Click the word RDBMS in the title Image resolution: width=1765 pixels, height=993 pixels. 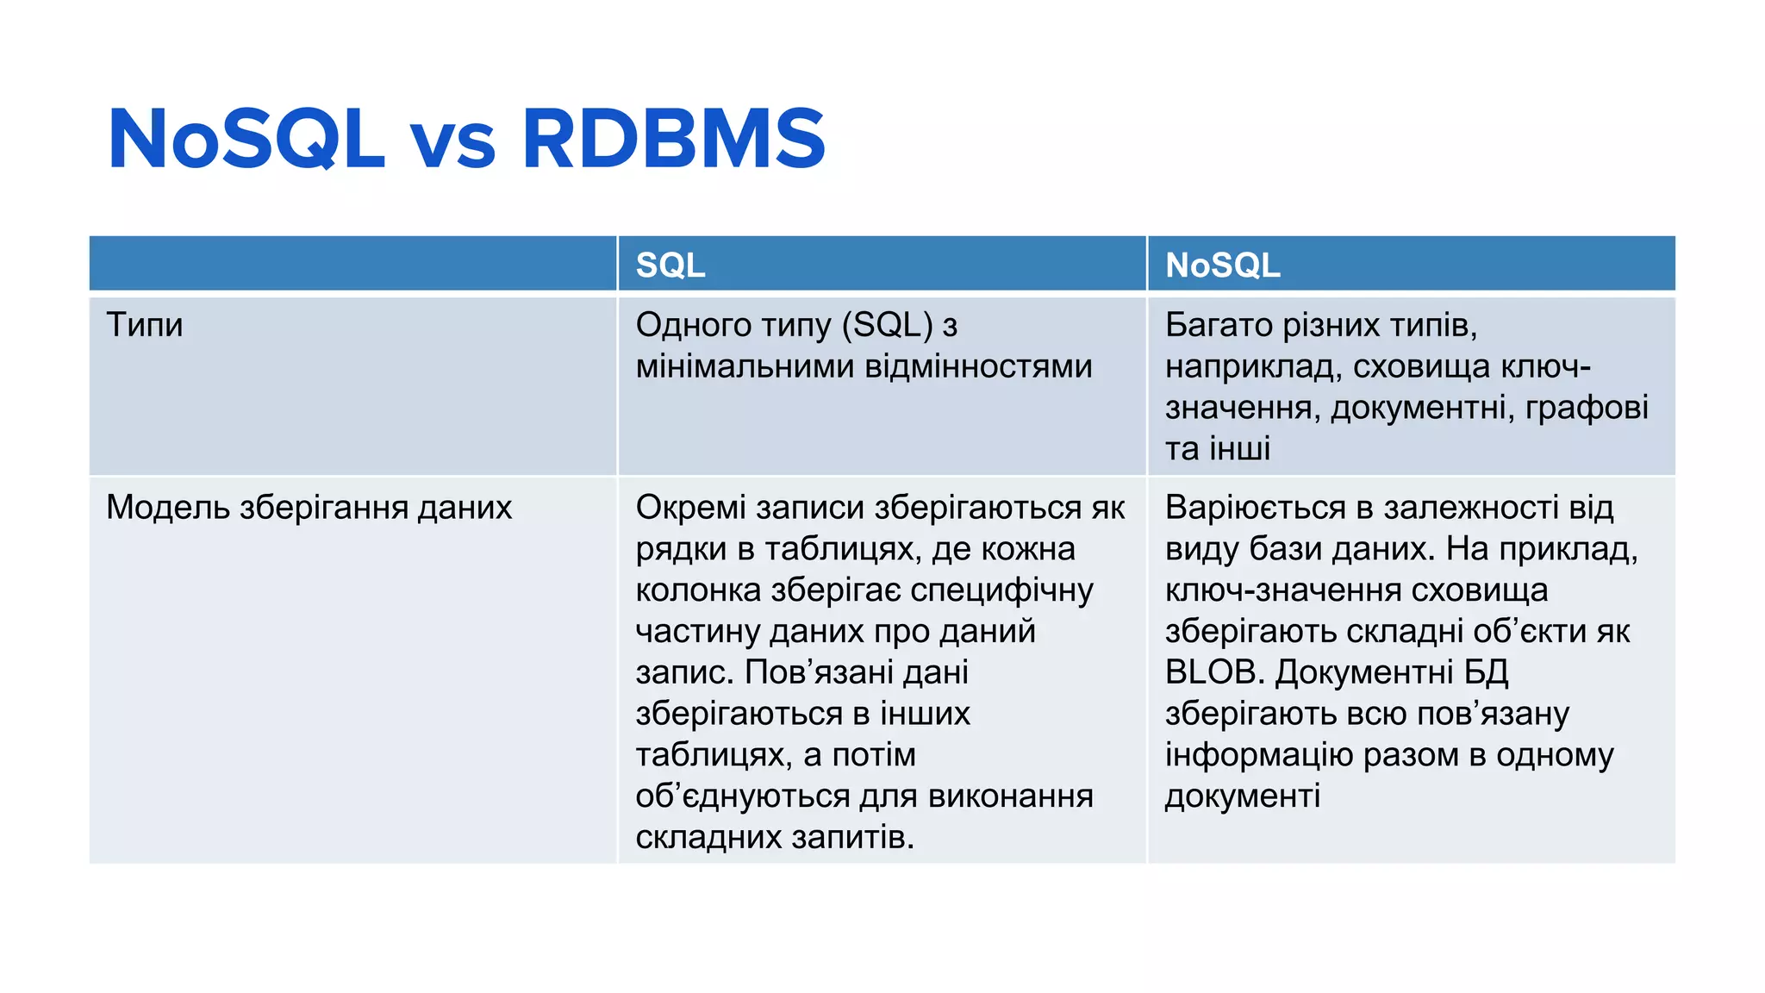[673, 139]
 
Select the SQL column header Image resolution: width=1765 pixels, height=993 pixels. [670, 265]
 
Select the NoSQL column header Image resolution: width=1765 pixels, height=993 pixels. [1222, 265]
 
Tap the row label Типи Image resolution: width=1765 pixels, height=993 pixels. [144, 325]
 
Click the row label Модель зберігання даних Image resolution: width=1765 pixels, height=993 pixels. [309, 508]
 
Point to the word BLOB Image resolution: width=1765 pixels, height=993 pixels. [1213, 672]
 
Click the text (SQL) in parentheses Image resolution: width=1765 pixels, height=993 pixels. [887, 325]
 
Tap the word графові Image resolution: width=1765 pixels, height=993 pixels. [1587, 408]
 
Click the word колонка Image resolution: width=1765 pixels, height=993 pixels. [698, 590]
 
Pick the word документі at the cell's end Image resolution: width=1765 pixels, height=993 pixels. [1242, 796]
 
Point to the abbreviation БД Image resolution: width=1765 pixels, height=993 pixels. [1486, 672]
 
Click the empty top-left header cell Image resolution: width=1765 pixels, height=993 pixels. [352, 264]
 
